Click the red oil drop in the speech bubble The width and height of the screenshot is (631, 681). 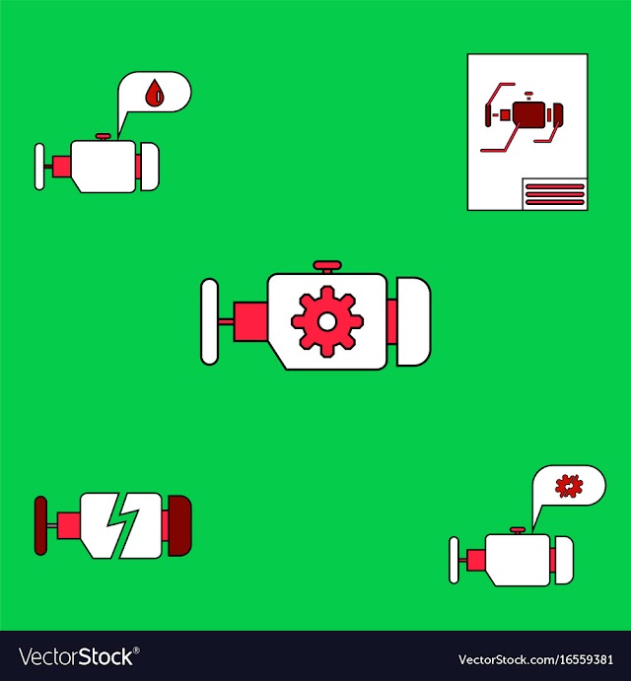[154, 93]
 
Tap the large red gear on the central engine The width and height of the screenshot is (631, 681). [326, 321]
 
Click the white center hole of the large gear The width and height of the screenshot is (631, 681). [326, 321]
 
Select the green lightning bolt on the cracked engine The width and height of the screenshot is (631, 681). [122, 524]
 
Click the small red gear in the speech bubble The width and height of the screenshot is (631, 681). [569, 486]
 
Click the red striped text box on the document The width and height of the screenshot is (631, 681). [554, 194]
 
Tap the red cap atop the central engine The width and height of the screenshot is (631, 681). [327, 266]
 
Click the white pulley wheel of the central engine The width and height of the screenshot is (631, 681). [209, 321]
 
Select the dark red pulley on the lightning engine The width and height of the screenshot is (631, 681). [40, 525]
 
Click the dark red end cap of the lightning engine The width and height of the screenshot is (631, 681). [179, 525]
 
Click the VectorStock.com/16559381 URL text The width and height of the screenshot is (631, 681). [535, 659]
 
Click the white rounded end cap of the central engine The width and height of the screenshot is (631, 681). [413, 321]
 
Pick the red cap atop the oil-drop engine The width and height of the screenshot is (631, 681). [104, 137]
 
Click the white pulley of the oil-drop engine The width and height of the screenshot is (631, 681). [39, 167]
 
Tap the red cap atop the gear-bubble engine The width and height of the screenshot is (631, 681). [518, 531]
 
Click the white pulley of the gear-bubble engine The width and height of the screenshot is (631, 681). [454, 560]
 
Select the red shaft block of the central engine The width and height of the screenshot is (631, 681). [250, 321]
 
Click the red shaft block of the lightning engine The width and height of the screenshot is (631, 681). [69, 525]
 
